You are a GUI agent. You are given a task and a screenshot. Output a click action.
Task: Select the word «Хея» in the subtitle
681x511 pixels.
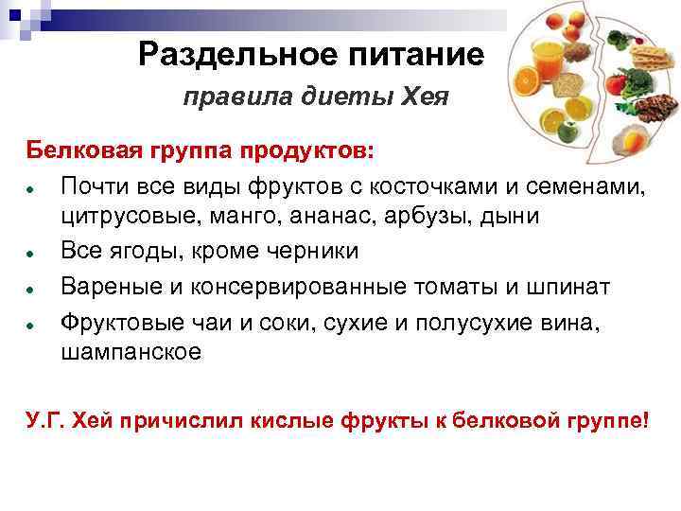[421, 97]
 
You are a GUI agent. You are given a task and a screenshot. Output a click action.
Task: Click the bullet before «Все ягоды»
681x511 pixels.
[31, 253]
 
